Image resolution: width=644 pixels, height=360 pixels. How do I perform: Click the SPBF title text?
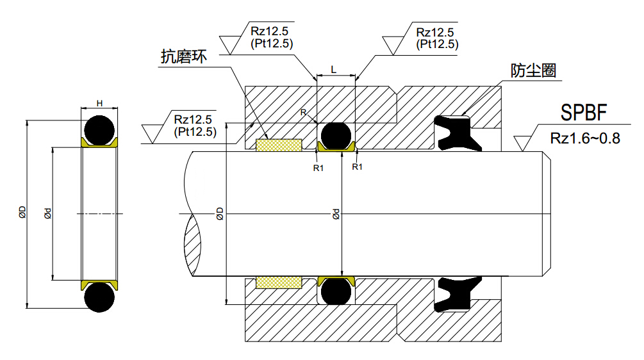pos(583,114)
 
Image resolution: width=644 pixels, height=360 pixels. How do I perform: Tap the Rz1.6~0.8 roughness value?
pos(584,138)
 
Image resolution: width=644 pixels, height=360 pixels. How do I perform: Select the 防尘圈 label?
pos(533,71)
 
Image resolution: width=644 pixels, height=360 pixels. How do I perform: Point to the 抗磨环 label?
pos(183,57)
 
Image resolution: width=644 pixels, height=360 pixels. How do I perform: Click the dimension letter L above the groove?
pos(334,68)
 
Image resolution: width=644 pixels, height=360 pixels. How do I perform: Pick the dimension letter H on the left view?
pos(99,102)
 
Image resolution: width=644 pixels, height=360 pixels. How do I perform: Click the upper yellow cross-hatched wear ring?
pos(279,145)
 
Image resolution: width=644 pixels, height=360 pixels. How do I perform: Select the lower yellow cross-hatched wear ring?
pos(279,282)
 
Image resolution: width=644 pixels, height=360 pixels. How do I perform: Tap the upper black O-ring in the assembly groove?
pos(336,135)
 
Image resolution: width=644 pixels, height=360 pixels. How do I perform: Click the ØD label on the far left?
pos(22,213)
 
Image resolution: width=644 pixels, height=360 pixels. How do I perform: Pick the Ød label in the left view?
pos(47,213)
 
